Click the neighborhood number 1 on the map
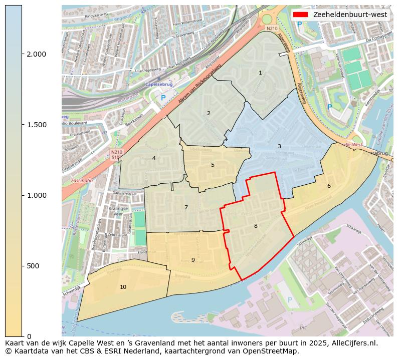[x=260, y=73]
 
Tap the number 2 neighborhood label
[x=209, y=113]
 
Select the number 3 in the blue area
[x=279, y=146]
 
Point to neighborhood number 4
[x=154, y=158]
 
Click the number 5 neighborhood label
[x=213, y=165]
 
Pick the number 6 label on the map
[x=329, y=186]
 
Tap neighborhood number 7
[x=186, y=207]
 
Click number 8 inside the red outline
[x=256, y=226]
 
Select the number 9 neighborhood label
[x=193, y=260]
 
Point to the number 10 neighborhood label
[x=123, y=287]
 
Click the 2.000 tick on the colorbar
[x=36, y=54]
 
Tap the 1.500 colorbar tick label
[x=36, y=125]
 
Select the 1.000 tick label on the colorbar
[x=36, y=195]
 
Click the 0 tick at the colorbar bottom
[x=29, y=336]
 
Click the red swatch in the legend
[x=301, y=15]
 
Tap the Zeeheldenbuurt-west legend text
[x=350, y=15]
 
